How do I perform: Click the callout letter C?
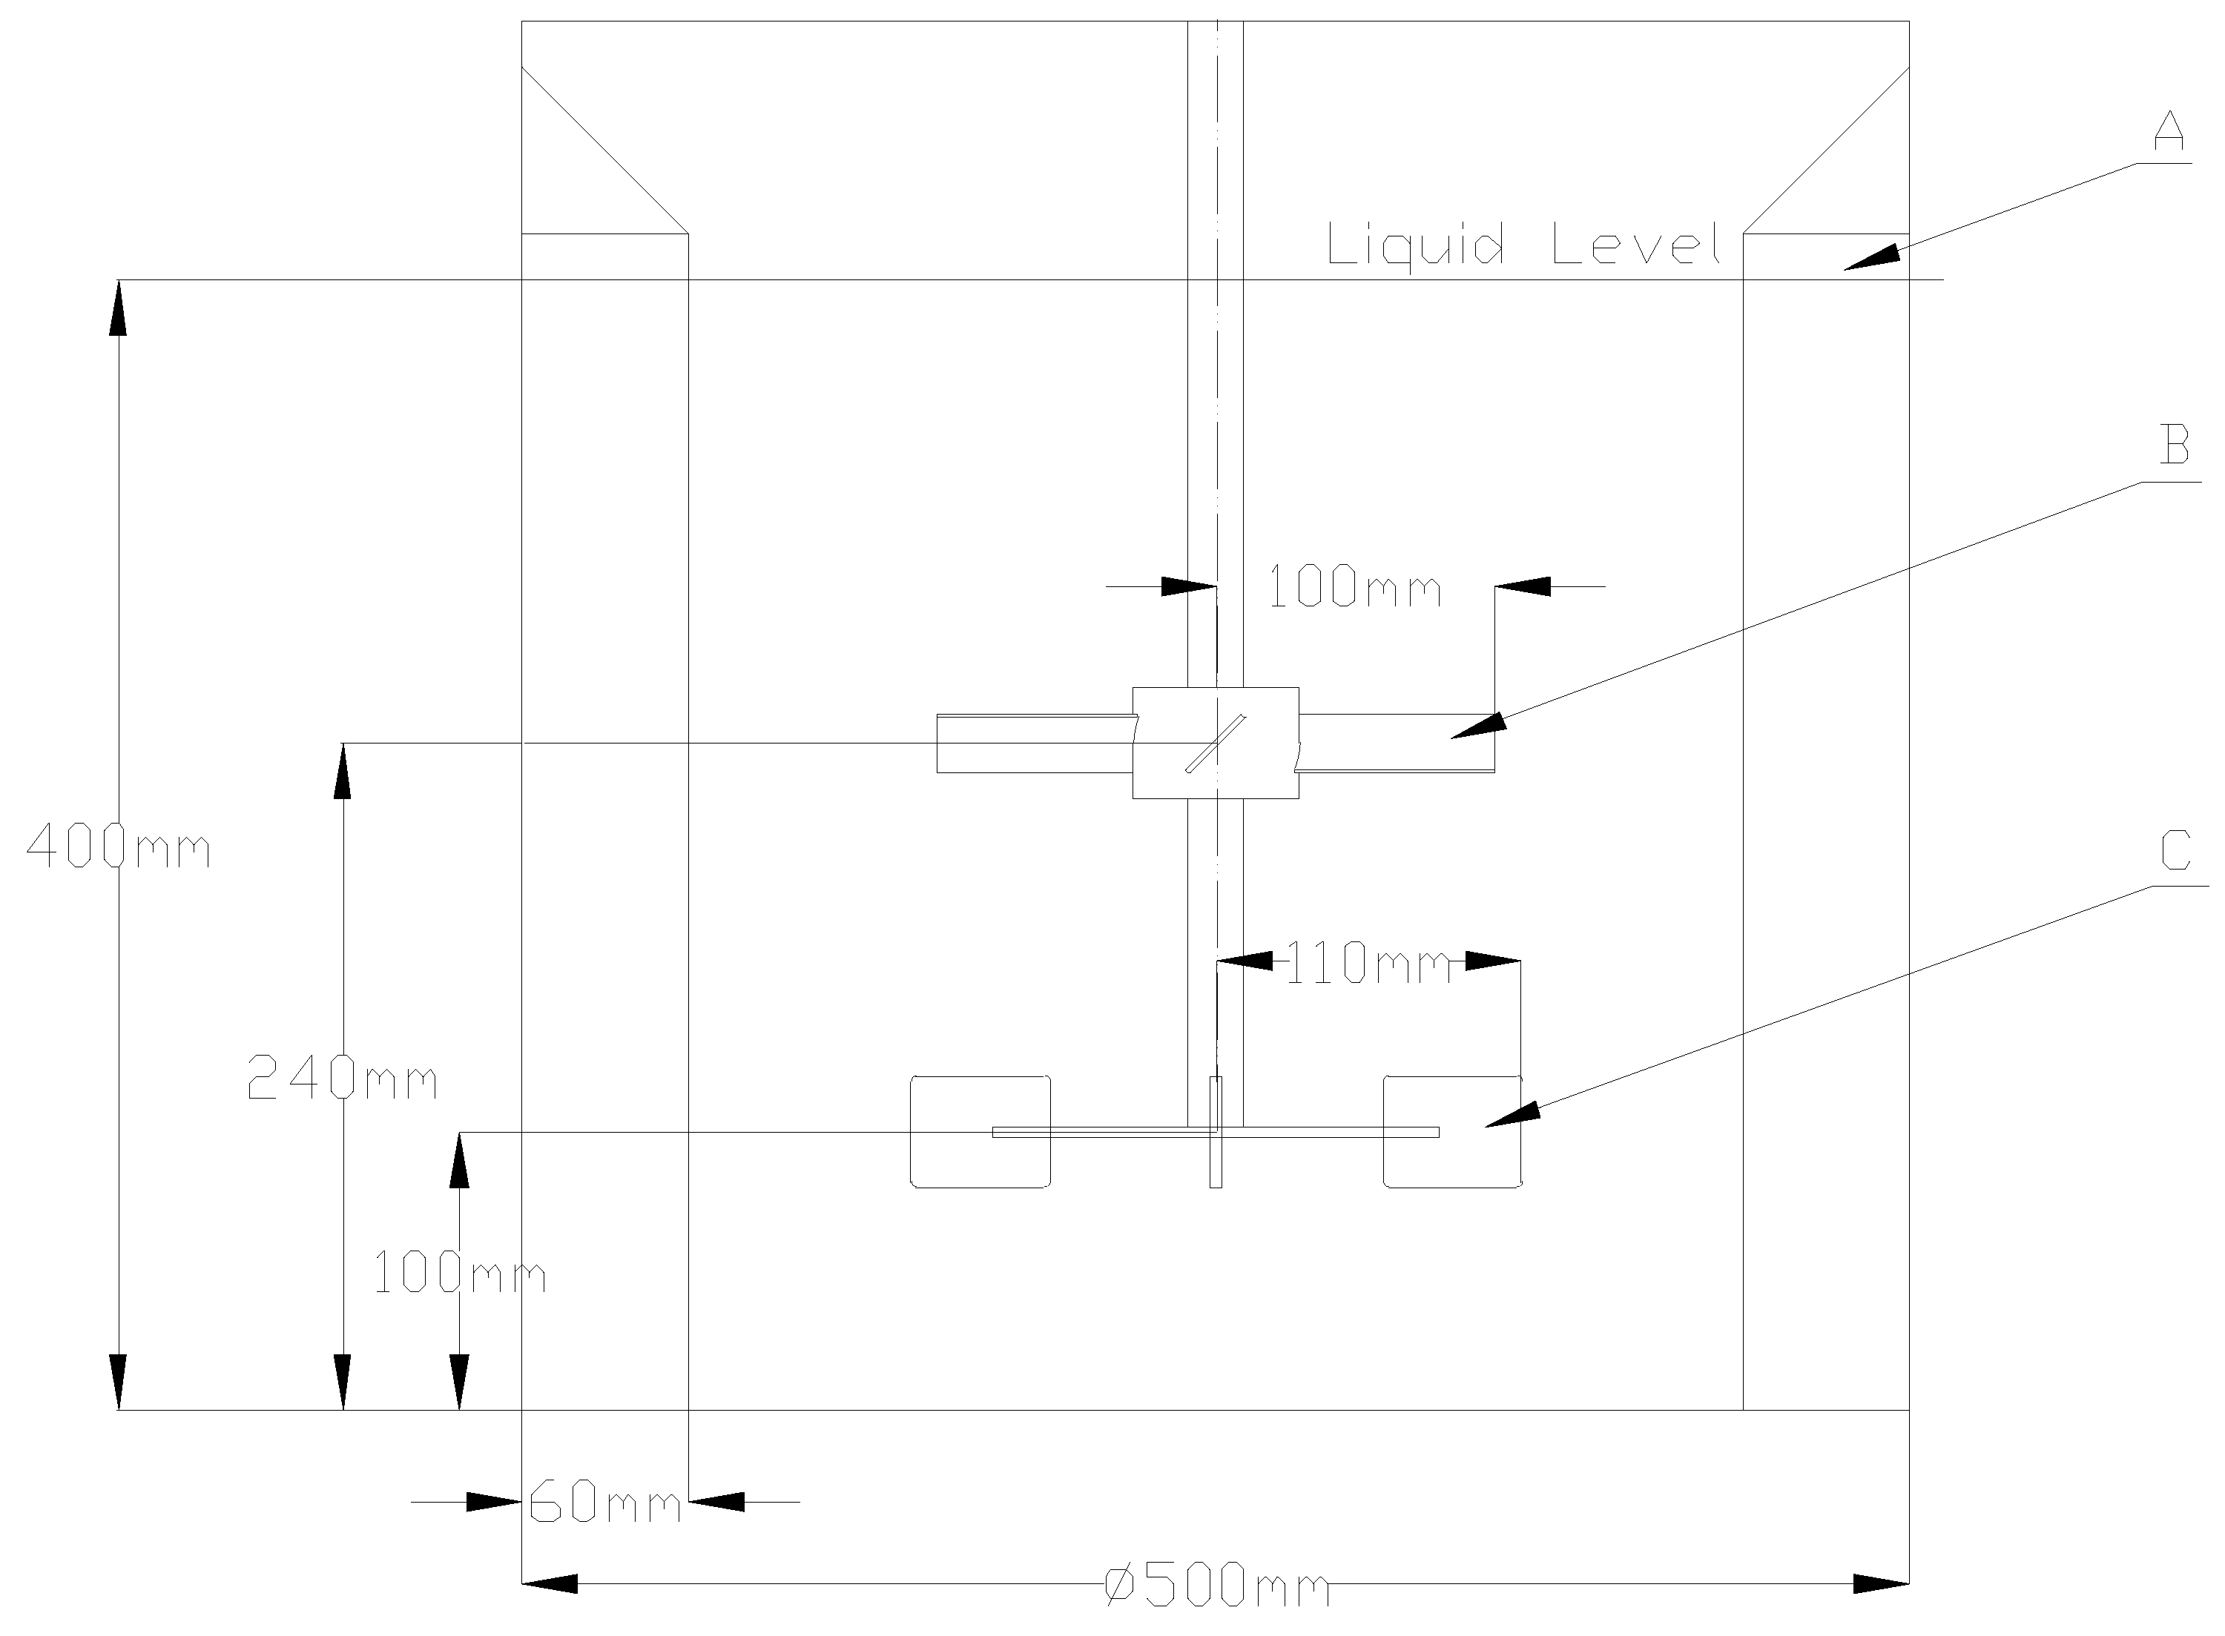tap(2175, 850)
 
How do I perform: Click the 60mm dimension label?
tap(605, 1503)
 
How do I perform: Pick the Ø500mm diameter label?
tap(1216, 1586)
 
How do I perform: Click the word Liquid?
tap(1414, 245)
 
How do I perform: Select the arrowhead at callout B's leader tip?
tap(1478, 726)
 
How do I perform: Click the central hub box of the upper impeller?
tap(1216, 743)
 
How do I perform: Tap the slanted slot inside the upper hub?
tap(1216, 743)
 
